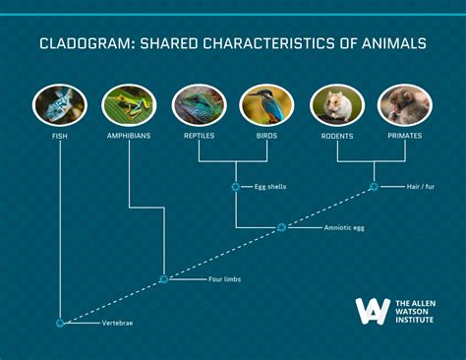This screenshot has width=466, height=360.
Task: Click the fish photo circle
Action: coord(60,104)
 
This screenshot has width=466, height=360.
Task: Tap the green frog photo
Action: coord(129,104)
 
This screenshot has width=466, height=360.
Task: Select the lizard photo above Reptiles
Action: coord(199,104)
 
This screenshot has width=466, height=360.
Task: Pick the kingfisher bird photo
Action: coord(267,104)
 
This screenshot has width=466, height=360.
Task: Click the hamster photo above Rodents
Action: coord(337,104)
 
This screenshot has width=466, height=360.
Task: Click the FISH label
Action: coord(60,136)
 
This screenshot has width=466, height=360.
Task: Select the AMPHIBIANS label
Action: coord(129,136)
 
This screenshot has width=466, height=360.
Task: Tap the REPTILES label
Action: coord(199,136)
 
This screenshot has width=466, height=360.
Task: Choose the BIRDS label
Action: coord(267,136)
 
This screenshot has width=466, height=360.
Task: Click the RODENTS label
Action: coord(337,136)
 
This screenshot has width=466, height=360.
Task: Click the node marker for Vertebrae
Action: coord(60,323)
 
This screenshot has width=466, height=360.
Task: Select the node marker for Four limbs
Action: coord(163,279)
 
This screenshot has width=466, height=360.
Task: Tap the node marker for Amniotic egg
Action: coord(281,227)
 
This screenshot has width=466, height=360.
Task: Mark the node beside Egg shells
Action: coord(234,186)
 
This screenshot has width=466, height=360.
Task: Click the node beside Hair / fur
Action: coord(373,186)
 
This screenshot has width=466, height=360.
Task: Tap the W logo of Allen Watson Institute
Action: coord(373,310)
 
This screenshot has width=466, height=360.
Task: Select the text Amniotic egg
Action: coord(345,228)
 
